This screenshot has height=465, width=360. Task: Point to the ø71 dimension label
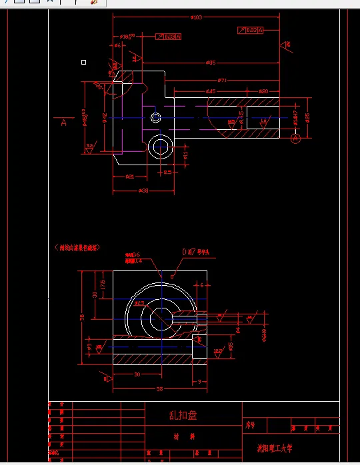(222, 81)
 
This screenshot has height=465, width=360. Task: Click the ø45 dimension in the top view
(210, 91)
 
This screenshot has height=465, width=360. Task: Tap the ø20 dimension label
(263, 91)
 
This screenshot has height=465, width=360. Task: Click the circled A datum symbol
(296, 138)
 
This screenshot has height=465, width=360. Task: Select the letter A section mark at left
(64, 122)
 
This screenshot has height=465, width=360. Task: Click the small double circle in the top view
(155, 118)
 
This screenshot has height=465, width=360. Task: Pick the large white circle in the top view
(161, 146)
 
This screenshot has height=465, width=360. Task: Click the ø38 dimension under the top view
(143, 191)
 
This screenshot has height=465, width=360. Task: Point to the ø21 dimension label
(129, 177)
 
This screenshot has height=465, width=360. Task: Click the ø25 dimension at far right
(307, 117)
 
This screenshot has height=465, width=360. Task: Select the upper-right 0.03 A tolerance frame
(251, 30)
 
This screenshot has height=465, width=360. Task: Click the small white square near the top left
(83, 62)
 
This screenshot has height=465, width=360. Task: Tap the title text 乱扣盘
(183, 416)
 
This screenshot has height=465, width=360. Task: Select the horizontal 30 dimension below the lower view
(137, 374)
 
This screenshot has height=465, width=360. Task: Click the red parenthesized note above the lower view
(77, 247)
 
